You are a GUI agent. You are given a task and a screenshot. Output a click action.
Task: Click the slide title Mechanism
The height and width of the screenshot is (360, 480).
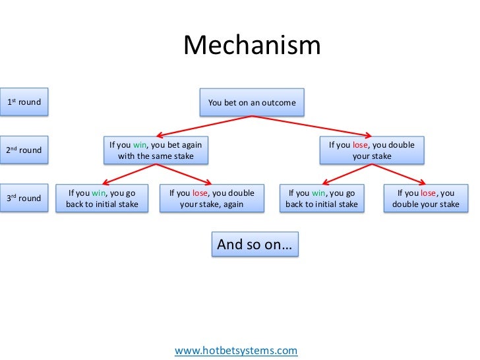pos(252,45)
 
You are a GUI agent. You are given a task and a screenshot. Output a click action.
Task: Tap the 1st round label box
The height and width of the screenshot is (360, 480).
pos(24,102)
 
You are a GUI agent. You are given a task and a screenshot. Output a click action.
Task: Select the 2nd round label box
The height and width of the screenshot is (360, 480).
pos(24,150)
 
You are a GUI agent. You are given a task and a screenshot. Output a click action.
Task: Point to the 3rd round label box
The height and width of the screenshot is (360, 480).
pos(24,198)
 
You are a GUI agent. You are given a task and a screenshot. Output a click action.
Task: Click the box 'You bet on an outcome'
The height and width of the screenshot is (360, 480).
pos(252,103)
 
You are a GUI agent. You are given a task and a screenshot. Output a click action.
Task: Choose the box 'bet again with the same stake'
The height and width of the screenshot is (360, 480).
pos(156,150)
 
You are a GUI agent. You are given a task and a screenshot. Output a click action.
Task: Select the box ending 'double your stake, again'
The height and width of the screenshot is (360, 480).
pos(212,198)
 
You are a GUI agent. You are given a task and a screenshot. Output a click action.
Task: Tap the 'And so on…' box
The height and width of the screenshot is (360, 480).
pos(255,245)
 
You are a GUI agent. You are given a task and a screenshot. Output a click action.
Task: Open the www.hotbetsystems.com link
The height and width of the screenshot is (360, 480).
pos(236,351)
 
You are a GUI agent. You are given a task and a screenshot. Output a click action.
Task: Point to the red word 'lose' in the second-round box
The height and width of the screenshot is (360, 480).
pos(360,144)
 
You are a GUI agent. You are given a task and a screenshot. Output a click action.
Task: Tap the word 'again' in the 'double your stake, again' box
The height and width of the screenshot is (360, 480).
pos(231,204)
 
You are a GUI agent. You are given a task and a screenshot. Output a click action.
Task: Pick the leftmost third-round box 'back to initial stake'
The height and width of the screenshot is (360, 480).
pos(102,198)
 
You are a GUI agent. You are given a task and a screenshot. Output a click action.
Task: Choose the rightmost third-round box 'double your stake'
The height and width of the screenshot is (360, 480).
pos(425,198)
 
